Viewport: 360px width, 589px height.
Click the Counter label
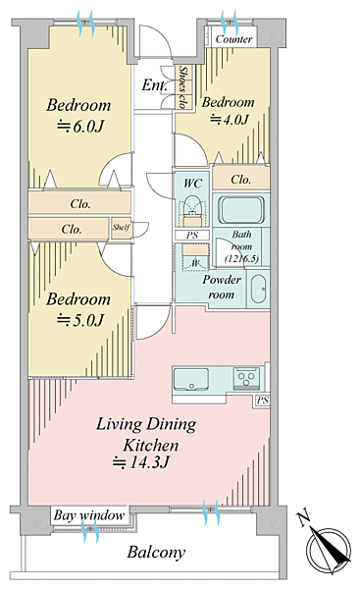click(233, 39)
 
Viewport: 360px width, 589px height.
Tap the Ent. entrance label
click(154, 85)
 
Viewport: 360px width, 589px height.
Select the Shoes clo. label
click(183, 87)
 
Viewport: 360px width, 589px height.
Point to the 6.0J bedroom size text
click(79, 127)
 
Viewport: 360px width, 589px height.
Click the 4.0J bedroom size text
click(230, 120)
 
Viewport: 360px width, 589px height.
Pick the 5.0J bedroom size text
click(79, 320)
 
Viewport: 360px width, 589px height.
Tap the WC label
click(192, 184)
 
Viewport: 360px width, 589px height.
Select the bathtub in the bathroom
click(241, 210)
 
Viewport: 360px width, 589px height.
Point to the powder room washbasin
click(258, 289)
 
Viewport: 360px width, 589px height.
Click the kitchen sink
click(190, 380)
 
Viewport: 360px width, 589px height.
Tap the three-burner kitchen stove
click(246, 378)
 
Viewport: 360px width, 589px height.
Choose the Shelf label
click(122, 228)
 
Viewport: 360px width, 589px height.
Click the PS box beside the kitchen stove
click(263, 401)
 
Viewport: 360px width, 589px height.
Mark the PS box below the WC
click(192, 236)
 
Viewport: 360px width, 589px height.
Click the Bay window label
click(89, 515)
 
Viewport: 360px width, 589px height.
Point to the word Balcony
click(156, 552)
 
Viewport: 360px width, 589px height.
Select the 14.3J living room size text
click(141, 462)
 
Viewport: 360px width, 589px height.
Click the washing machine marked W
click(194, 263)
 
